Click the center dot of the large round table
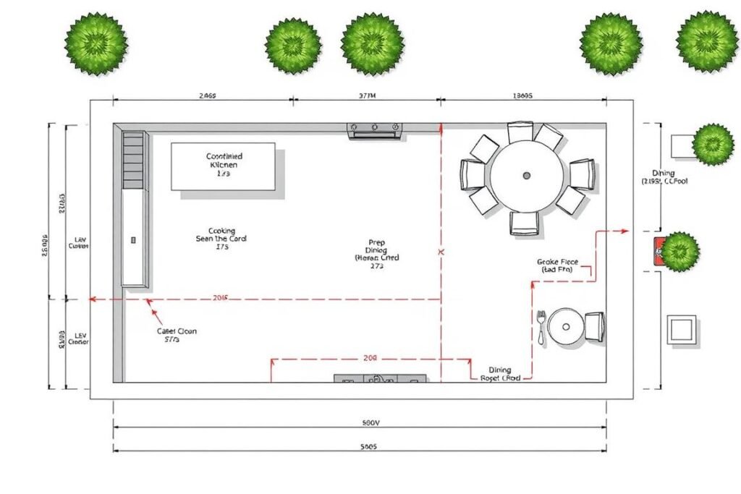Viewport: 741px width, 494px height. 526,175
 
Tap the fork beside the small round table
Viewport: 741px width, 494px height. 541,326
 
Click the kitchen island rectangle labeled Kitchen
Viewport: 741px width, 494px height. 223,166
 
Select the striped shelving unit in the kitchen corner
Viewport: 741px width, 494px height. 133,159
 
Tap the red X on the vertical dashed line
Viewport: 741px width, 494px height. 441,252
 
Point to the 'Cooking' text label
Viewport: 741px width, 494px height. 221,231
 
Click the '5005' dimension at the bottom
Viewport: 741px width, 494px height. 368,447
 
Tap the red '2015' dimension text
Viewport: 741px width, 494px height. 221,298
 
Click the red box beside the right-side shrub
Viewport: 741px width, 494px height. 659,250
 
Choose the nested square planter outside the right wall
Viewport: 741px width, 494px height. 682,330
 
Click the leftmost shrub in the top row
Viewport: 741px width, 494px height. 96,41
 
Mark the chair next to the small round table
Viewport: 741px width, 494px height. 594,326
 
